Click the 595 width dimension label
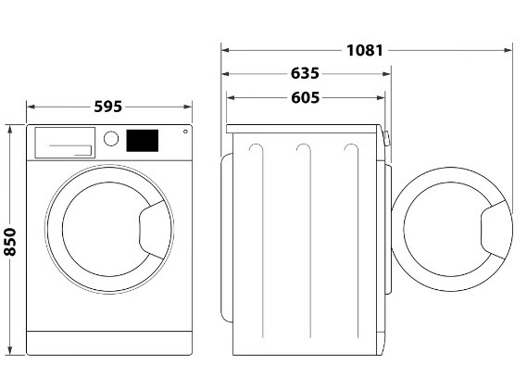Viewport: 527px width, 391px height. pos(107,107)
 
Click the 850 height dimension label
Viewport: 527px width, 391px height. pos(10,242)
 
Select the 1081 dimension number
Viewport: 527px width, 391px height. pos(365,50)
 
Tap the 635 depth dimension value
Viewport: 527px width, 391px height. pos(305,73)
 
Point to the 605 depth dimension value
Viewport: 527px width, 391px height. pos(305,98)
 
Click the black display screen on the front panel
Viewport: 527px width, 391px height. pos(142,141)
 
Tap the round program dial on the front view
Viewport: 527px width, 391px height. pos(111,138)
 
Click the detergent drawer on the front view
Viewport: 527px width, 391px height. pos(65,143)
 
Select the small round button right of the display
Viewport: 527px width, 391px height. pos(185,132)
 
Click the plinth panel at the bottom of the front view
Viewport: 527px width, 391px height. pos(109,343)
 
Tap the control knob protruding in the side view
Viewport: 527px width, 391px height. pos(386,138)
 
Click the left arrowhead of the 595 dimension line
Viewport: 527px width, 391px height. pos(31,107)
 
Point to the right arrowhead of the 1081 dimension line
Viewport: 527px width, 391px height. pos(508,50)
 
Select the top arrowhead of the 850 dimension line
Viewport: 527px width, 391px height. pos(10,129)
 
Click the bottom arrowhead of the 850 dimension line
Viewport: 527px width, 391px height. pos(10,350)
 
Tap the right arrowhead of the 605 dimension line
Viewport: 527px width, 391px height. pos(381,98)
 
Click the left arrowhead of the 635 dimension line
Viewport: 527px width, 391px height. pos(225,74)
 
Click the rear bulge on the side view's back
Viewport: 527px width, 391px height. pos(227,238)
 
